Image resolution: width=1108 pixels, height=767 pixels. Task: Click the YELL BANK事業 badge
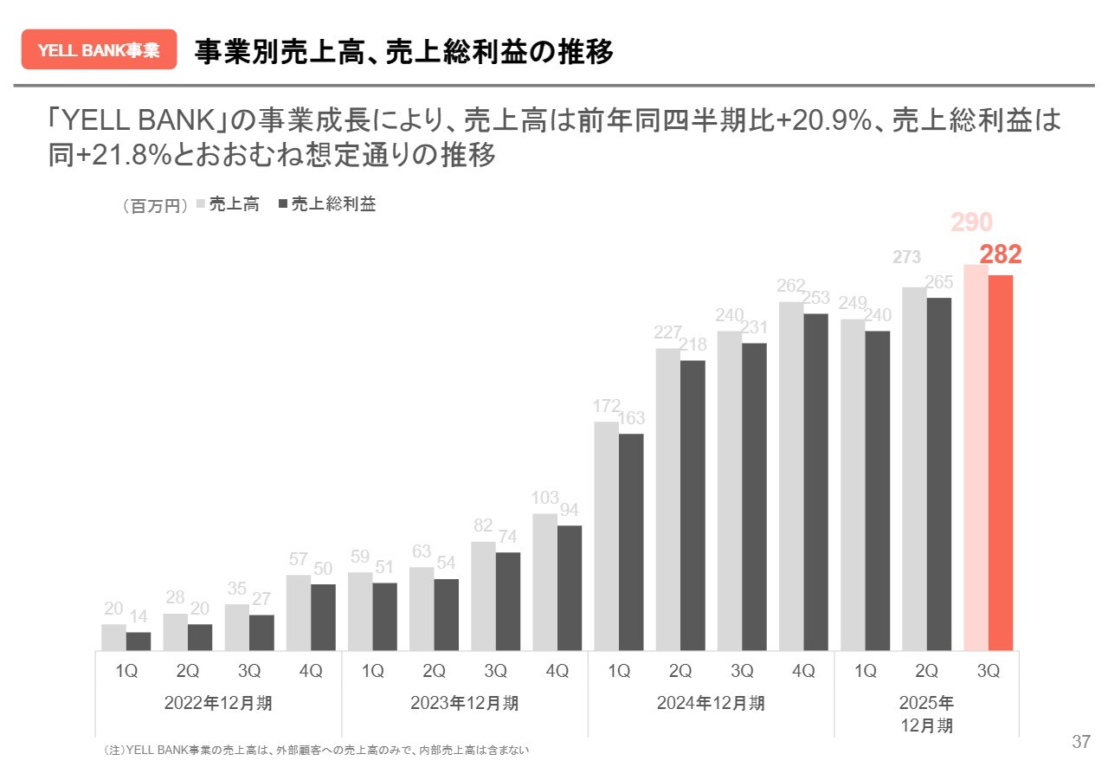point(99,49)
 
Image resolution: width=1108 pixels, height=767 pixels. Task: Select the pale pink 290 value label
point(971,223)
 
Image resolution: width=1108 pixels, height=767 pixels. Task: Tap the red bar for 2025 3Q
point(1001,462)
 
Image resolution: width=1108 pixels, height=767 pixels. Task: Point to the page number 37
point(1080,742)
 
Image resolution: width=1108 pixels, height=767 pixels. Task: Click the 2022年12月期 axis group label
point(218,703)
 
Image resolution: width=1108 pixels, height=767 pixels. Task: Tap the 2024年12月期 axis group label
point(711,703)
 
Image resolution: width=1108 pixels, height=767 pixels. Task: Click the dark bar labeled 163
point(631,542)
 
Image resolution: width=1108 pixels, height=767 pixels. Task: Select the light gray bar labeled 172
point(606,536)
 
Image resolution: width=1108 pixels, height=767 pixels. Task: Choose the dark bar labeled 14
point(138,641)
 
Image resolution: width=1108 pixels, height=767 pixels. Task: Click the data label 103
point(545,498)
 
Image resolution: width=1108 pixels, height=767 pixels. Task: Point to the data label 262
point(791,286)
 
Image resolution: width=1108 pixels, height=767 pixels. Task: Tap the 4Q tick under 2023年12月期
point(557,671)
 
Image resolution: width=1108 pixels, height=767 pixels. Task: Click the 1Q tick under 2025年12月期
point(865,671)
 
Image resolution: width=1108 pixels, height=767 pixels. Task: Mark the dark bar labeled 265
point(939,474)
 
